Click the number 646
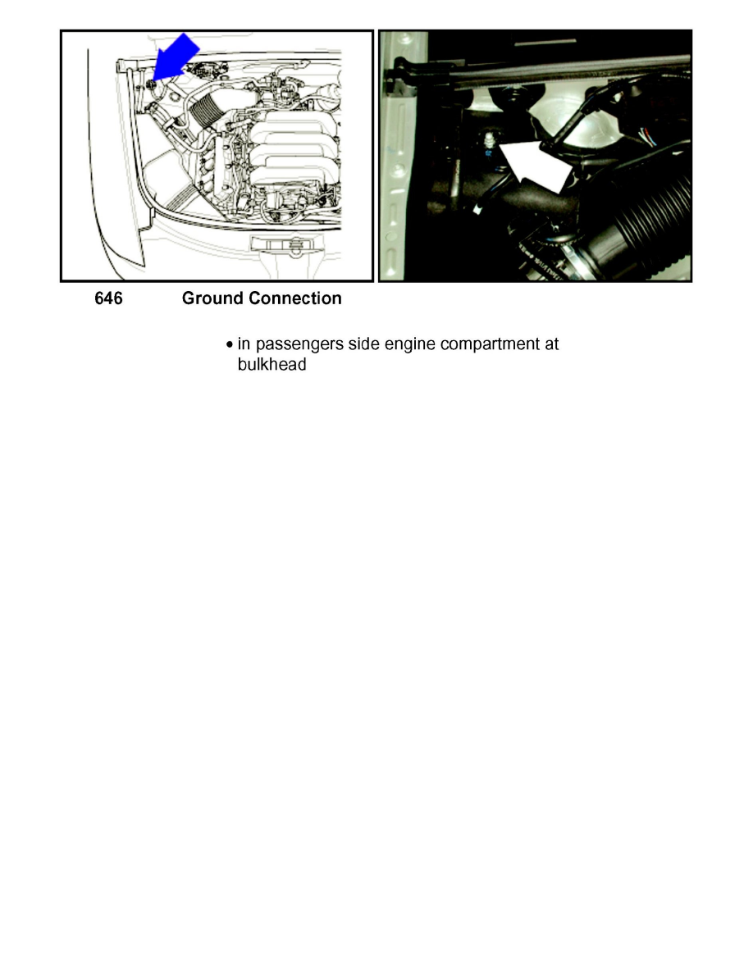pyautogui.click(x=107, y=299)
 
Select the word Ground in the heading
pyautogui.click(x=212, y=299)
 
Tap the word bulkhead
pyautogui.click(x=266, y=366)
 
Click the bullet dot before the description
pyautogui.click(x=230, y=344)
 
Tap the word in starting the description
pyautogui.click(x=244, y=344)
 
